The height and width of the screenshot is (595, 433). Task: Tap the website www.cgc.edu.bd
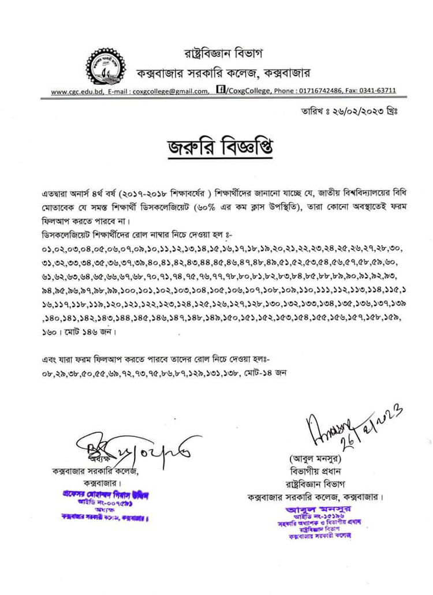77,91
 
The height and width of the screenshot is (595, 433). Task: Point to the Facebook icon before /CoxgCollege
220,89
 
